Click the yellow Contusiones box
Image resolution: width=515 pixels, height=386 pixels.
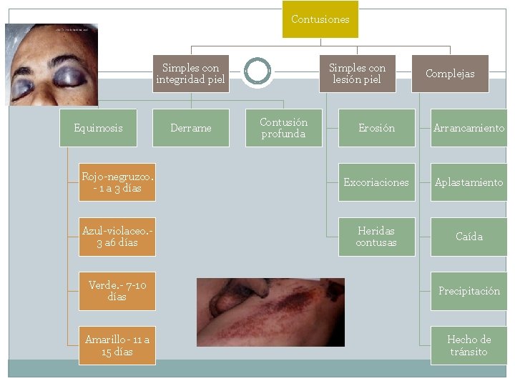(x=320, y=19)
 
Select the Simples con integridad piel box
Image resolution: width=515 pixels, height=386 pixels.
(x=191, y=74)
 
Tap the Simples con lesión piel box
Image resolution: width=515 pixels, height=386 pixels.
(x=358, y=74)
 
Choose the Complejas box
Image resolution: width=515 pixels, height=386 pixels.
(x=450, y=74)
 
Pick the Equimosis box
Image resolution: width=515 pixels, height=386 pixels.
(x=98, y=128)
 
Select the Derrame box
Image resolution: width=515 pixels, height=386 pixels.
(x=191, y=128)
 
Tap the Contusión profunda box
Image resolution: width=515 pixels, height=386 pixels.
(x=284, y=128)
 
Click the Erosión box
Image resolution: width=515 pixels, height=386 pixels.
(x=377, y=128)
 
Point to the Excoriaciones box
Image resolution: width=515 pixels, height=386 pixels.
(x=377, y=182)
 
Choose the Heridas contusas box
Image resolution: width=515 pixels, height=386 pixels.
(x=377, y=237)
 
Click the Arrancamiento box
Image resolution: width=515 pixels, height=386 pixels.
(x=469, y=128)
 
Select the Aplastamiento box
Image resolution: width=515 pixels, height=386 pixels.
(x=469, y=182)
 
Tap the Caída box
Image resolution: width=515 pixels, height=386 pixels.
(x=469, y=237)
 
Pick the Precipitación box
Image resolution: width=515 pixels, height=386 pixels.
(x=469, y=291)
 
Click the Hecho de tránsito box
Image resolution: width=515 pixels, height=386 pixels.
(x=469, y=346)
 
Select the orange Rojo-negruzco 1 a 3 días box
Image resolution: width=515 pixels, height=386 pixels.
(x=117, y=182)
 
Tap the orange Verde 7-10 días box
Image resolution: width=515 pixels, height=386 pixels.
(x=117, y=291)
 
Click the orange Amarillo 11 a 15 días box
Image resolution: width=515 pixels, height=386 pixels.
(x=117, y=346)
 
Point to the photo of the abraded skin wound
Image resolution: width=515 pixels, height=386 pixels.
(x=270, y=312)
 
